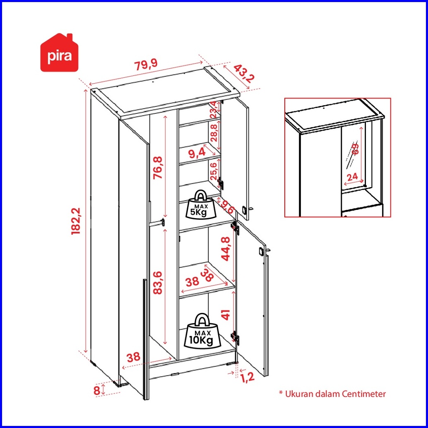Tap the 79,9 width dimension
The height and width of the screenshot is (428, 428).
coord(146,65)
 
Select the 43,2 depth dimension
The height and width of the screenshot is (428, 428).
coord(244,74)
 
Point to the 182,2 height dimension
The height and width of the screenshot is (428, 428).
coord(77,221)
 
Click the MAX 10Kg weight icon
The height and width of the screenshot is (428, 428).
coord(201,331)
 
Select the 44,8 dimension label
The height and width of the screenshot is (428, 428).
coord(226,248)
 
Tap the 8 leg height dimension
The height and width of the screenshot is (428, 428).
coord(96,390)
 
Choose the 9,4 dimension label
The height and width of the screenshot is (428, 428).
coord(197,154)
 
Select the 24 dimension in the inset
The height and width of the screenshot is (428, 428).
coord(352,176)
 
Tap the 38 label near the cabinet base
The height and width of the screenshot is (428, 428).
coord(133,357)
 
